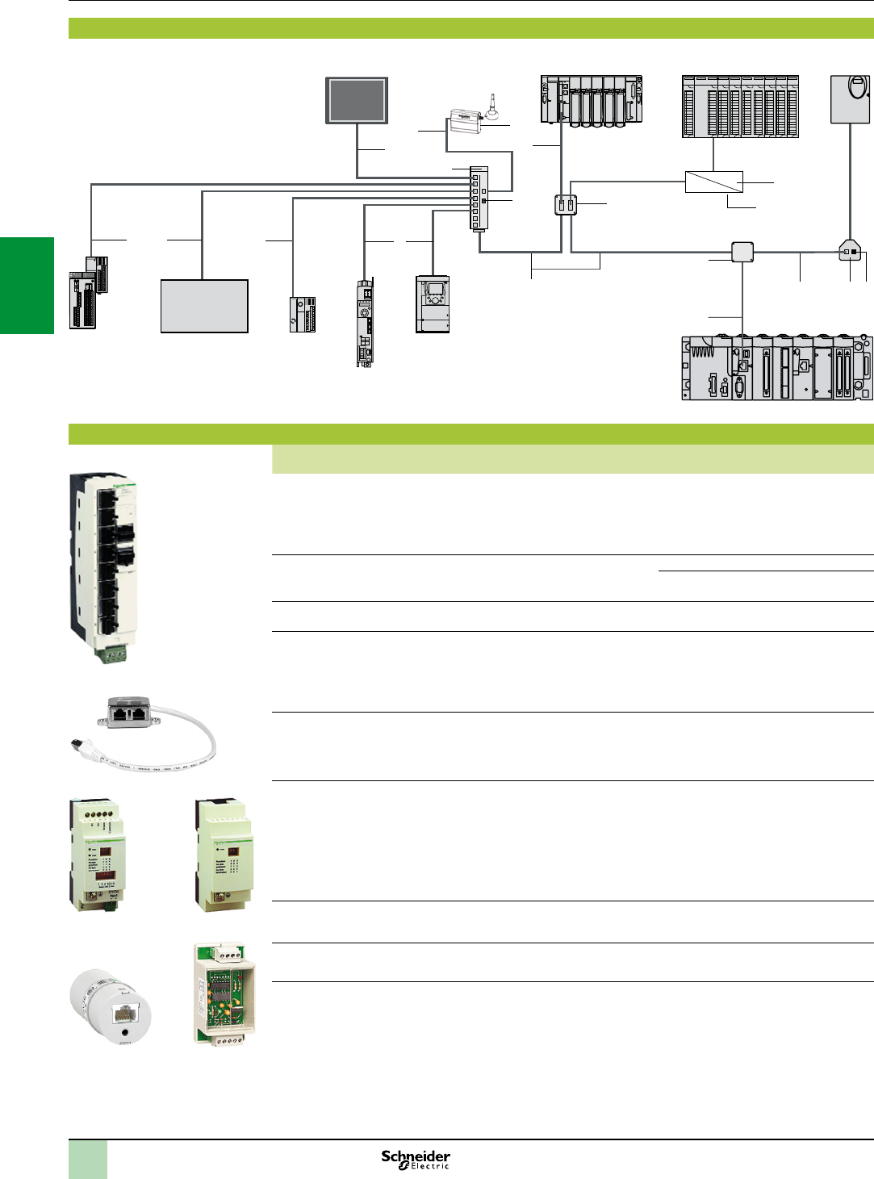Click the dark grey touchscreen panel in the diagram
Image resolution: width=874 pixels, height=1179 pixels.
coord(357,100)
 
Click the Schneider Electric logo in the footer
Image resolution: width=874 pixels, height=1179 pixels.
coord(416,1159)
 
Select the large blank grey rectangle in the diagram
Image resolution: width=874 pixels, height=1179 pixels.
coord(204,306)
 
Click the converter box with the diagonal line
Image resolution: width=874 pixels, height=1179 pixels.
coord(713,182)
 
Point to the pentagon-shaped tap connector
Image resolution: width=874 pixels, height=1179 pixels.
coord(850,251)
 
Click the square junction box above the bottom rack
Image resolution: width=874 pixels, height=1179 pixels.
coord(742,252)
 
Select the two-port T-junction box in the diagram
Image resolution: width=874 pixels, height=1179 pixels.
coord(566,205)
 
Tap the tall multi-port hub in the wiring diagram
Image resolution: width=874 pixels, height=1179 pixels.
coord(479,199)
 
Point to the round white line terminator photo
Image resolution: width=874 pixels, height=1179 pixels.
coord(111,1008)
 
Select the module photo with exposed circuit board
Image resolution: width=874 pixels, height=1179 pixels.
coord(224,995)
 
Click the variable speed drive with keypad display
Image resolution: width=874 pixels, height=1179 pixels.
coord(433,303)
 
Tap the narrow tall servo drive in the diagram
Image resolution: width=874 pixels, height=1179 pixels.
coord(365,323)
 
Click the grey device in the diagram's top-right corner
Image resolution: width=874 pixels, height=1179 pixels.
coord(851,99)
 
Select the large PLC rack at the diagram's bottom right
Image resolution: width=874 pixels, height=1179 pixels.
coord(776,368)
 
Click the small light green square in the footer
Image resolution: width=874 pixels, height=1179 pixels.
coord(88,1159)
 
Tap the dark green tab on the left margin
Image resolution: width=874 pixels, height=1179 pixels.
coord(27,285)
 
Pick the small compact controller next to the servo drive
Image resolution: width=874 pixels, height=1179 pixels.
coord(303,314)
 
